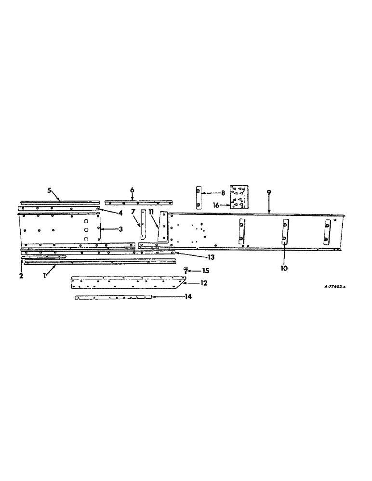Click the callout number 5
coord(49,190)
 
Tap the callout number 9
coord(269,192)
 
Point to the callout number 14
coord(188,297)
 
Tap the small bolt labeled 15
coord(186,273)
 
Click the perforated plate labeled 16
coord(239,197)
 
